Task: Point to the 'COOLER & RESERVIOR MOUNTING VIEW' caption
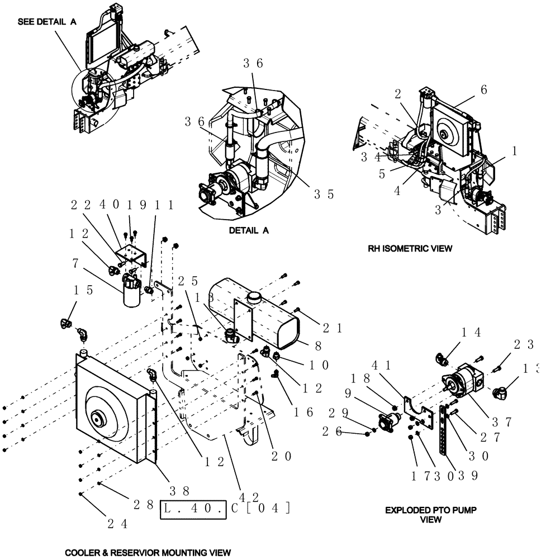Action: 148,552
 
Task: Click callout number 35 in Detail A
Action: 323,194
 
